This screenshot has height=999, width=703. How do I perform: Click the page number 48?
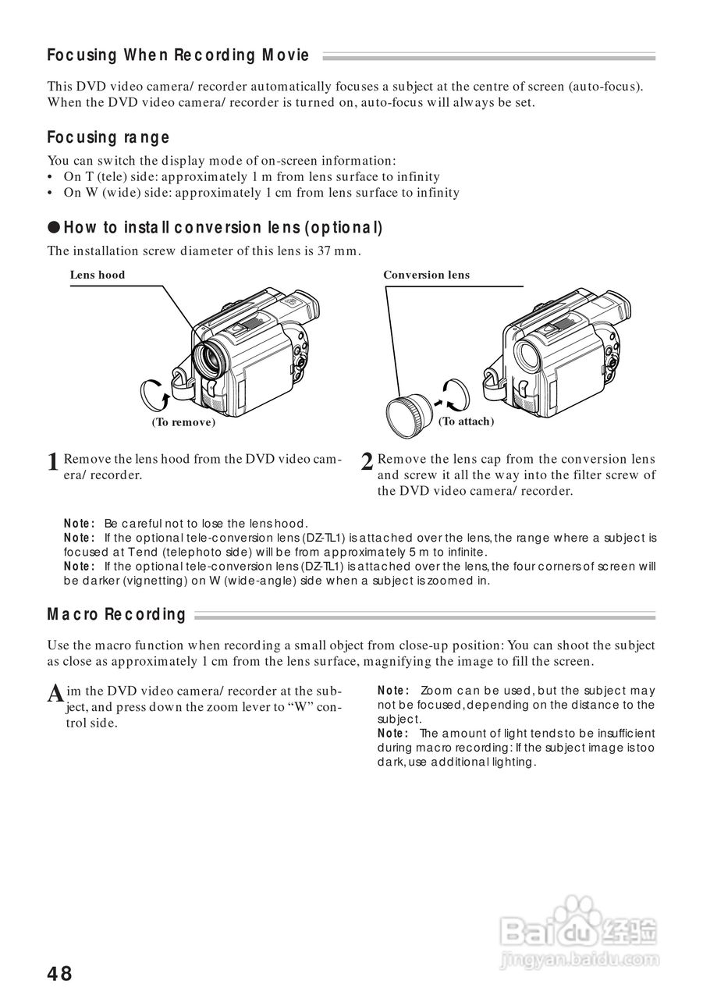pos(59,973)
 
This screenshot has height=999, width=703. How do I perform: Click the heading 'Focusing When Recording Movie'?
pos(178,55)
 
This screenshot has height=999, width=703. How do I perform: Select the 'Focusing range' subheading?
pos(108,137)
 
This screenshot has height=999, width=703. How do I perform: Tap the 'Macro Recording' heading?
pos(116,614)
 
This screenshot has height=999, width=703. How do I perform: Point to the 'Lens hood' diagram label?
pos(97,275)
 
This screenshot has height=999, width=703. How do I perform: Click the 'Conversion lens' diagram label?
pos(426,275)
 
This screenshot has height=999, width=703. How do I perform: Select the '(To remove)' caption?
pos(183,422)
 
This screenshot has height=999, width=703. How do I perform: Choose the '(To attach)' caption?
pos(466,421)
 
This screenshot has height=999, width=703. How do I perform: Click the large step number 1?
pos(53,462)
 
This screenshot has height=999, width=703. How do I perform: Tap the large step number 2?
pos(367,462)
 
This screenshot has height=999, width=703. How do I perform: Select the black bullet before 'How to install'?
pos(53,228)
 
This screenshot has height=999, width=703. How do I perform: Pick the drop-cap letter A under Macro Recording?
pos(55,693)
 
